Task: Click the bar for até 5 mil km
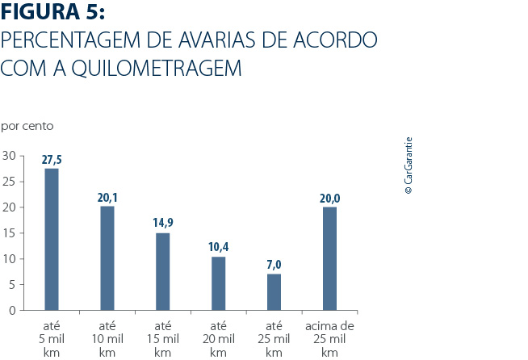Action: click(52, 239)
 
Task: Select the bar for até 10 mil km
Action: click(107, 257)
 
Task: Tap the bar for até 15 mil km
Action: click(162, 271)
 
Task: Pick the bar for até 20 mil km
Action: click(218, 283)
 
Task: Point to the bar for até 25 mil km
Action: click(274, 291)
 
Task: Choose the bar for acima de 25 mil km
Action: click(329, 258)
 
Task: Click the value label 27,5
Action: click(52, 160)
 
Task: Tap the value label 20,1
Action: click(107, 198)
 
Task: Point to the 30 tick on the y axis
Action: click(9, 155)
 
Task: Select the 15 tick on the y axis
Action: click(9, 232)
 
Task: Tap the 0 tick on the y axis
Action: click(12, 310)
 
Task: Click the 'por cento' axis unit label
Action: click(27, 126)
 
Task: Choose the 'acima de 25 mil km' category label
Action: click(329, 339)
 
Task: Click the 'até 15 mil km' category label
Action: click(162, 339)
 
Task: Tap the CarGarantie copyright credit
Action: click(409, 165)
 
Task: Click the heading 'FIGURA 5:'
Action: click(53, 14)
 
